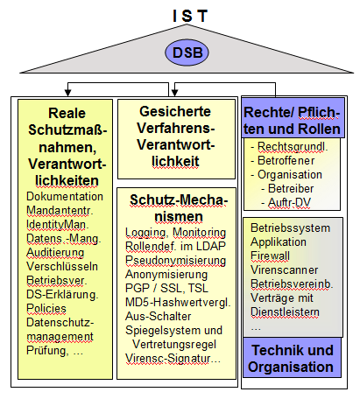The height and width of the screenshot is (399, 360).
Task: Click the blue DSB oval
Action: (x=187, y=52)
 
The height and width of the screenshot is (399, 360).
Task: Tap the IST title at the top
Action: (x=190, y=16)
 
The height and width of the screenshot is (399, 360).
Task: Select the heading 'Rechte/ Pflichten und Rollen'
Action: (x=292, y=121)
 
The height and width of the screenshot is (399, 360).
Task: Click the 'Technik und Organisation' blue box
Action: (x=292, y=358)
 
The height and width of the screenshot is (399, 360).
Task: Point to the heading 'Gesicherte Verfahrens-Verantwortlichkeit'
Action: (x=176, y=136)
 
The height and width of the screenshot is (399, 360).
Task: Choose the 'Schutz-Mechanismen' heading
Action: (x=179, y=208)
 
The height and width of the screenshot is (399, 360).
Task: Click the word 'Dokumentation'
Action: (x=65, y=196)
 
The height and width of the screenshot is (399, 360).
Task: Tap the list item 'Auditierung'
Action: (x=55, y=252)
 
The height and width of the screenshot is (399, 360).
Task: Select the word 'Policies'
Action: (x=46, y=308)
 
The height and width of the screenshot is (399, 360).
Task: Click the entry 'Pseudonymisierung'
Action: (x=175, y=261)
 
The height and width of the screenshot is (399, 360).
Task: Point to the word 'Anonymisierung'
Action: (x=166, y=275)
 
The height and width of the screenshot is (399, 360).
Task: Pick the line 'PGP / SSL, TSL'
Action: (x=166, y=289)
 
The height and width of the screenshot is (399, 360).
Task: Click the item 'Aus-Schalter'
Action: (x=159, y=316)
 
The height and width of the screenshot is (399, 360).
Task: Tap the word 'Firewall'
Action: (x=270, y=255)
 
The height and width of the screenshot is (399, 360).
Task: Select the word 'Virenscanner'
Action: (x=285, y=269)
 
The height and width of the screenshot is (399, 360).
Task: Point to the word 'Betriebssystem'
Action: (x=290, y=227)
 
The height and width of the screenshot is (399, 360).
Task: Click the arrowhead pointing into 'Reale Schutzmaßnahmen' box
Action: (x=67, y=93)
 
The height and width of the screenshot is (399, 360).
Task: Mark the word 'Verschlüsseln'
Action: (x=62, y=266)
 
